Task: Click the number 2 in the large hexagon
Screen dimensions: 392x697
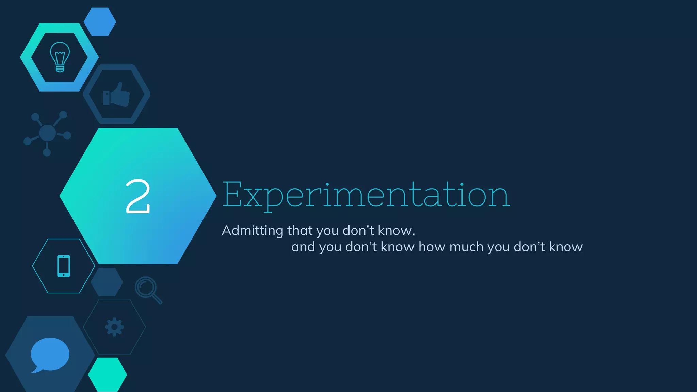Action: click(138, 196)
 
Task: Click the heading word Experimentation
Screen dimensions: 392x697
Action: click(366, 195)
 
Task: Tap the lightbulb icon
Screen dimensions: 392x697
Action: click(60, 57)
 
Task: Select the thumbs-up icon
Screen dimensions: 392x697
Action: click(117, 94)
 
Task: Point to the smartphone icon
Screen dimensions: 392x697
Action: click(64, 266)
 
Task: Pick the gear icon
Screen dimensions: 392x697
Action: click(114, 327)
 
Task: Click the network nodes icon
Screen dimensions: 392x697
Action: click(47, 133)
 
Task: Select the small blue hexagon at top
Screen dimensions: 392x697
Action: click(100, 22)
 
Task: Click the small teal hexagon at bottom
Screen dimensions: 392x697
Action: click(108, 375)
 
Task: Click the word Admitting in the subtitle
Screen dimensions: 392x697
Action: click(252, 231)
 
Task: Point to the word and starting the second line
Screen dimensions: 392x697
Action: click(303, 247)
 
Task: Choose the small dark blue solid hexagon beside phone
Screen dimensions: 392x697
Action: click(107, 282)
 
